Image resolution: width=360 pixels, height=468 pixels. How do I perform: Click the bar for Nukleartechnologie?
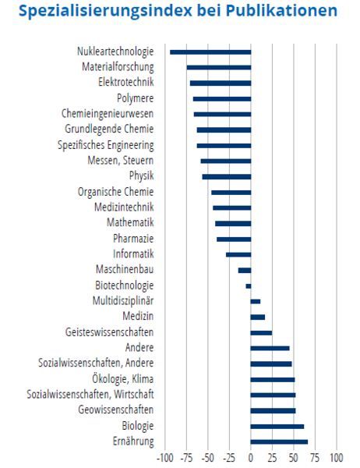210,52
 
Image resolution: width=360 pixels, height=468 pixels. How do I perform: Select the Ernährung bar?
279,442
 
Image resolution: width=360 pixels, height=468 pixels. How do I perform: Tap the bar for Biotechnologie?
248,286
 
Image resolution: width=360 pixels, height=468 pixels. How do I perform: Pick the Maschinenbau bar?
245,271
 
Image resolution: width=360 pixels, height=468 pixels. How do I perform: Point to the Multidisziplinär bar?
256,301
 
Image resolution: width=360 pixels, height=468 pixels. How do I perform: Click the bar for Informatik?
238,254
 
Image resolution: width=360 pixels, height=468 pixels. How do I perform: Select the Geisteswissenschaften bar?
261,333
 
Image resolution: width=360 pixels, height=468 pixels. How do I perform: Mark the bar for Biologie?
277,427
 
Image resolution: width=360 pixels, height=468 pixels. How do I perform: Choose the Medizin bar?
258,317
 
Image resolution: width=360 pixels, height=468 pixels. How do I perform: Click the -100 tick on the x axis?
165,458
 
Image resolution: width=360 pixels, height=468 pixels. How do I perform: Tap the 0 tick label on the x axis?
251,458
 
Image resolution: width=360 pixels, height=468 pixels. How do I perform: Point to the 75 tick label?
316,458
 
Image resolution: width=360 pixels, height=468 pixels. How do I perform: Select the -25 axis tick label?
229,458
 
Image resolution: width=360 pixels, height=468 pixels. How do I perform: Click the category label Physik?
141,175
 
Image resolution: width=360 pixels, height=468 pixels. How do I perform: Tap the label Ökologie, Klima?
122,379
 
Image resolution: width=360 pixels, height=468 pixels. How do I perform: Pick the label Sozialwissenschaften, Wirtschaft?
90,394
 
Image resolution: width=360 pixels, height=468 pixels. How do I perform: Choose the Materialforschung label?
118,67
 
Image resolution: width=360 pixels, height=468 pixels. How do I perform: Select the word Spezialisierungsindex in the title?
105,12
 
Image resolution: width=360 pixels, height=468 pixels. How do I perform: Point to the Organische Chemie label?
116,192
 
